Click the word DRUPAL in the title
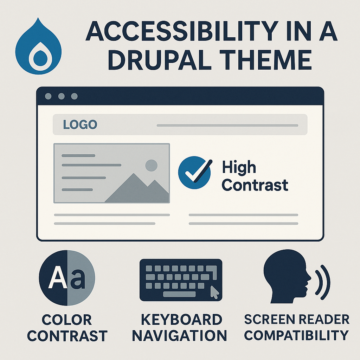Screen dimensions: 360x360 coord(160,60)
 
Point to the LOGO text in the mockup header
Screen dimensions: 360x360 coord(80,124)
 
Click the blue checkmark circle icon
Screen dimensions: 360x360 coord(194,173)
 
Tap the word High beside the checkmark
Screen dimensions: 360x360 coord(239,168)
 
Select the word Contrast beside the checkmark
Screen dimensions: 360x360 coord(255,185)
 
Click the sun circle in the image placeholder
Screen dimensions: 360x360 coord(151,165)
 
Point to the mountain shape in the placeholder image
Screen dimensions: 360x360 coord(137,189)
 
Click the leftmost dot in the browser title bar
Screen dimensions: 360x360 coord(48,96)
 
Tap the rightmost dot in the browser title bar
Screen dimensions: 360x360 coord(75,96)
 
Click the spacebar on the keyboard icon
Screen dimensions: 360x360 coord(179,294)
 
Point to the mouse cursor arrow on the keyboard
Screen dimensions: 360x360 coord(215,292)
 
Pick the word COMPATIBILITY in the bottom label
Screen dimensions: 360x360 coord(296,335)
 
